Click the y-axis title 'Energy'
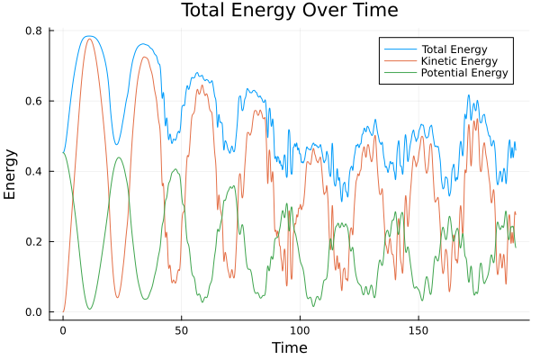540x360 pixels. click(x=11, y=173)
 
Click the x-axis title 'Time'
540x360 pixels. click(x=290, y=347)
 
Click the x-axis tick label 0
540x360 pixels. click(x=63, y=329)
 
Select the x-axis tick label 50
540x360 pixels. click(x=181, y=329)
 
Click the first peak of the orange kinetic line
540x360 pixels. click(x=88, y=39)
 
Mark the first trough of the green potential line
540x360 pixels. click(x=89, y=309)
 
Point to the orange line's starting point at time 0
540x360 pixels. click(x=63, y=311)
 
